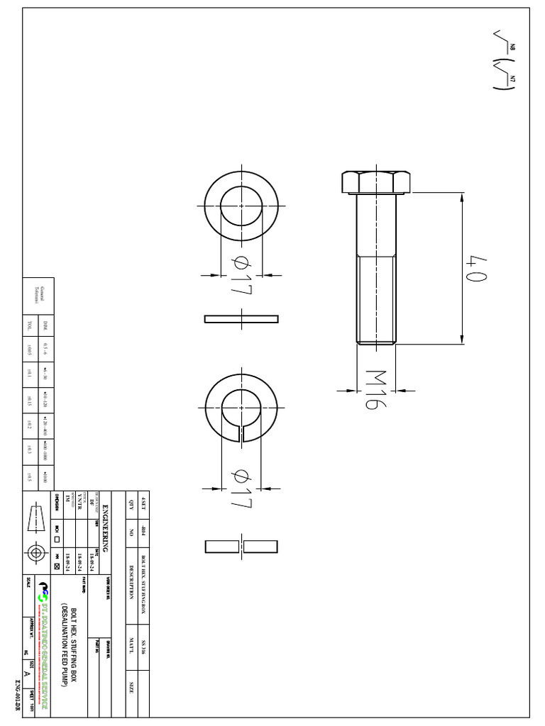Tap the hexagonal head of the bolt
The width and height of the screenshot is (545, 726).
pos(375,182)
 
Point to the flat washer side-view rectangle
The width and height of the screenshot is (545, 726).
pos(241,318)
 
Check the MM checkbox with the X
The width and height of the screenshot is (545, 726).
pos(57,566)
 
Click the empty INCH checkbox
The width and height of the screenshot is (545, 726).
pos(57,538)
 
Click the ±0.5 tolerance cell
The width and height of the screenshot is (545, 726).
pos(30,476)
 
